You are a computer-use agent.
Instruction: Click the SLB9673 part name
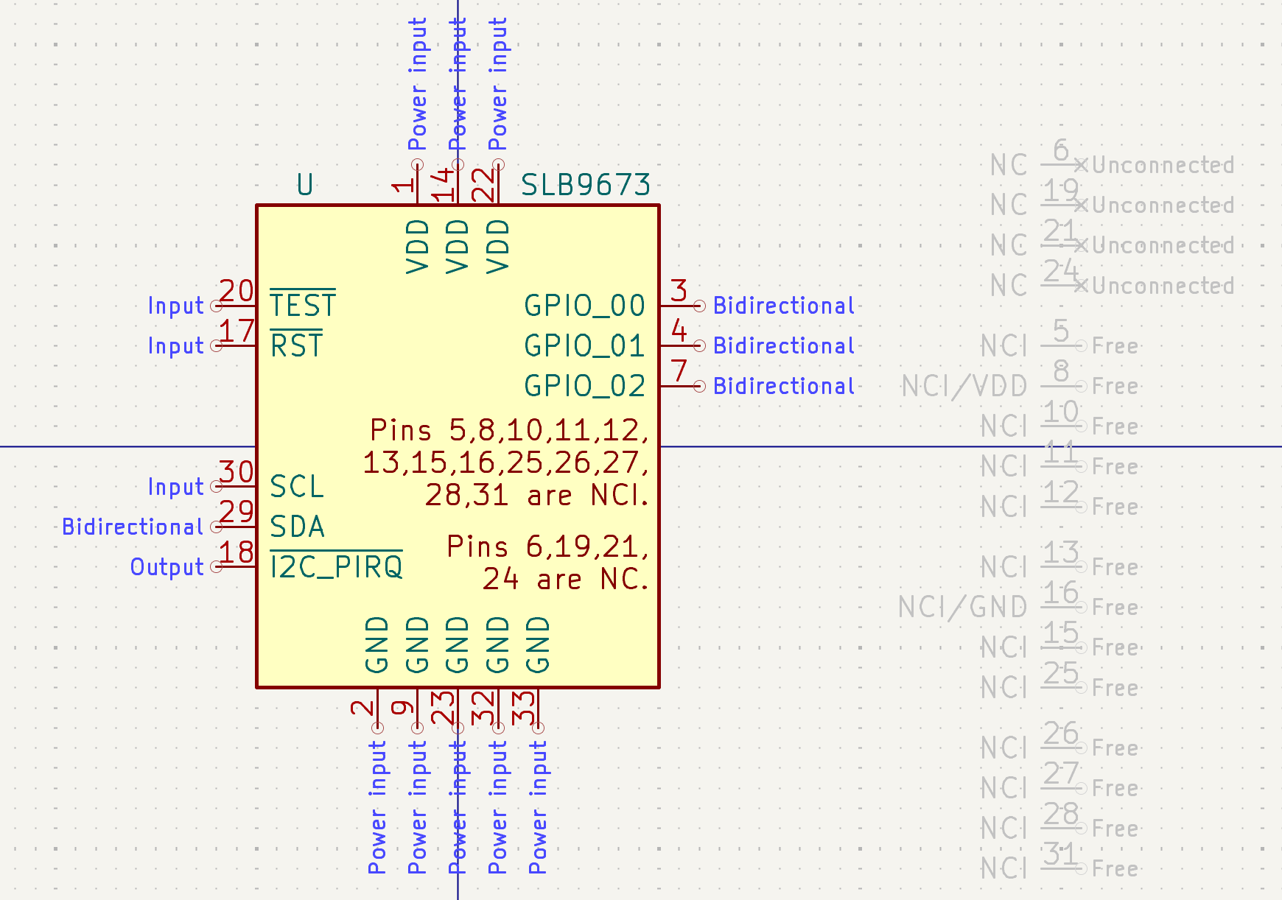point(586,185)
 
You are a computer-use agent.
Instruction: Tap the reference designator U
point(305,185)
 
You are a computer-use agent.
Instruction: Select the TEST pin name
point(303,305)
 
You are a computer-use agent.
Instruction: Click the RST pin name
point(296,345)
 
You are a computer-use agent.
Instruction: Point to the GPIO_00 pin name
point(585,306)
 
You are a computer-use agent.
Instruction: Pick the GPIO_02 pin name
point(585,386)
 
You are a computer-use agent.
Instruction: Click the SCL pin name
point(297,487)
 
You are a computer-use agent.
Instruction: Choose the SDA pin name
point(297,527)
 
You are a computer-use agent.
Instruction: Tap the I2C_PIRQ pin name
point(336,566)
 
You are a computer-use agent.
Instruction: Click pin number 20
point(237,291)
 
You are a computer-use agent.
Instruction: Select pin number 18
point(237,552)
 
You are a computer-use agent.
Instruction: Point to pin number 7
point(679,371)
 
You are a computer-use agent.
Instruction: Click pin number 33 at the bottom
point(523,707)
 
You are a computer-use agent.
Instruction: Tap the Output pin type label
point(167,567)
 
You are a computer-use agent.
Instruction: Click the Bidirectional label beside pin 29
point(133,527)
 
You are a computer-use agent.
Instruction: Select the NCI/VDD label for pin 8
point(964,386)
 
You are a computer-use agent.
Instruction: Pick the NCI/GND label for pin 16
point(963,607)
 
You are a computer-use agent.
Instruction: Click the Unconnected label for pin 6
point(1163,165)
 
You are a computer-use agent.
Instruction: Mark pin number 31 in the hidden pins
point(1061,854)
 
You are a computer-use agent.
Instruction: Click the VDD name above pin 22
point(498,247)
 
